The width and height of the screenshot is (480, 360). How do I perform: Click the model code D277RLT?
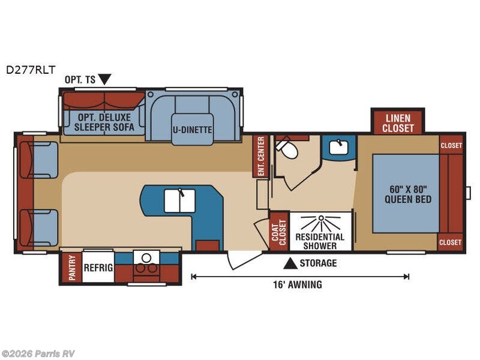coord(31,70)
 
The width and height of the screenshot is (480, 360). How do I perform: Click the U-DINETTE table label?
coord(192,128)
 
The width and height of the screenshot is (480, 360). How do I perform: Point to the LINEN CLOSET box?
coord(398,122)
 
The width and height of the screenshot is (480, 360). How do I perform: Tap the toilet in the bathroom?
coord(287,149)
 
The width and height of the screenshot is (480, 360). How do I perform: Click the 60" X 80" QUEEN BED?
coord(406,193)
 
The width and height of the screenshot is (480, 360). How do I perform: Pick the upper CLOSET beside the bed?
coord(451,145)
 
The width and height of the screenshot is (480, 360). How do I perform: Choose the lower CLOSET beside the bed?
coord(451,242)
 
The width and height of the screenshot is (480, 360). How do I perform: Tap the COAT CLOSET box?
coord(277,230)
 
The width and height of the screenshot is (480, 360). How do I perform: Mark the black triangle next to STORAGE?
coord(290,263)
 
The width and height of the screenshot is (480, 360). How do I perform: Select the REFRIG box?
coord(98,268)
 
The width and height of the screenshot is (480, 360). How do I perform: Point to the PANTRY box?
coord(71,268)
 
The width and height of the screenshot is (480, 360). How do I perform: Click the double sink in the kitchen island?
coord(179,200)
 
